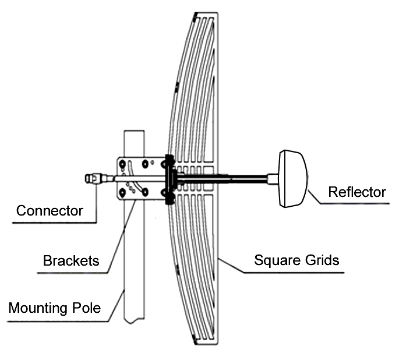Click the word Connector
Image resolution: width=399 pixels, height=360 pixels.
50,210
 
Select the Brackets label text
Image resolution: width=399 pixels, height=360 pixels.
71,261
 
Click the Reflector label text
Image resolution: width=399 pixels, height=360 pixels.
356,192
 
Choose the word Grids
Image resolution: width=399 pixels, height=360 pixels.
322,260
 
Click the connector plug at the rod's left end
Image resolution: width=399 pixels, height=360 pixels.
93,178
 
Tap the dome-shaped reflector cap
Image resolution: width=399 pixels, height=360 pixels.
293,178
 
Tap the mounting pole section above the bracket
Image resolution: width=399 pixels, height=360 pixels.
133,143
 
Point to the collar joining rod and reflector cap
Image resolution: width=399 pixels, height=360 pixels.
271,178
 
